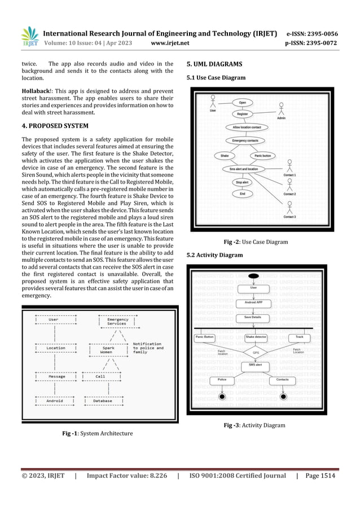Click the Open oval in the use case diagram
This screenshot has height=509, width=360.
[243, 102]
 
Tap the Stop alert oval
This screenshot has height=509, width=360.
[242, 182]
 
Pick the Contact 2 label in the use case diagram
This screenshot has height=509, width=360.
[289, 194]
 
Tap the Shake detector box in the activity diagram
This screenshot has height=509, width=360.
[256, 337]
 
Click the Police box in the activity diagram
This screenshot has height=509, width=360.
[222, 380]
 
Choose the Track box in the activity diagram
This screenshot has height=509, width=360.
[299, 337]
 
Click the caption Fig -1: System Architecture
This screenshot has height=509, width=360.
[98, 433]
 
